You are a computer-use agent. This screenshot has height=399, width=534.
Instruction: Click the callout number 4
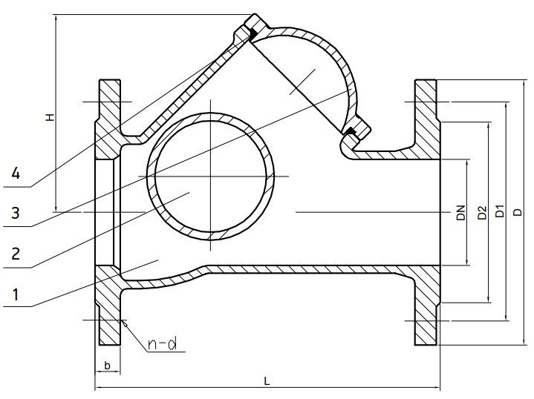click(16, 174)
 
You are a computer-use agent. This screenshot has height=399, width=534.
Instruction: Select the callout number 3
click(16, 213)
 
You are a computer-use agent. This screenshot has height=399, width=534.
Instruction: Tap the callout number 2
click(16, 254)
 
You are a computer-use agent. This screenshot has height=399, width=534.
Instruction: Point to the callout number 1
click(16, 294)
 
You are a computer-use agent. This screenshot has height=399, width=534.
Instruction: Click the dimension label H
click(51, 118)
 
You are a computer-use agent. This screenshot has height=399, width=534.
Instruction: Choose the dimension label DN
click(460, 213)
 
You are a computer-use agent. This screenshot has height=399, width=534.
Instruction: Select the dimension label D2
click(482, 213)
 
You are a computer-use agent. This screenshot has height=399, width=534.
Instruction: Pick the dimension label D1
click(499, 211)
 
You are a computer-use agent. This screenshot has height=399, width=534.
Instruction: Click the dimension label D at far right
click(518, 212)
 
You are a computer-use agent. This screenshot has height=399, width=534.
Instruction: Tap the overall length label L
click(267, 380)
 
